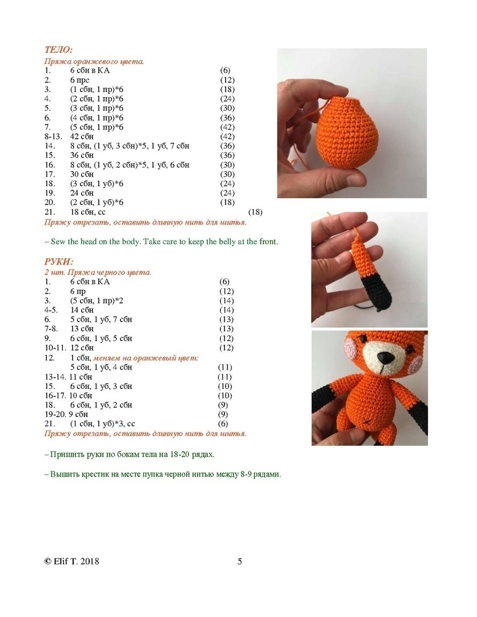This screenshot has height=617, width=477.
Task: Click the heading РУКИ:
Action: pyautogui.click(x=59, y=262)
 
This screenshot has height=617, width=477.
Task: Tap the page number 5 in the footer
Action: pyautogui.click(x=240, y=561)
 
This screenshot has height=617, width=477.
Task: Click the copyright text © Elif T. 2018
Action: pyautogui.click(x=72, y=561)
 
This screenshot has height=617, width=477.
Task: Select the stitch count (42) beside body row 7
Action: pyautogui.click(x=227, y=127)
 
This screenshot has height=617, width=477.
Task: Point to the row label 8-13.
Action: pyautogui.click(x=53, y=137)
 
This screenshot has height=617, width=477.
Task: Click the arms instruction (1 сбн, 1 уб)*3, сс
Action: pyautogui.click(x=103, y=424)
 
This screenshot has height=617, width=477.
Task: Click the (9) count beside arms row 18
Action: pyautogui.click(x=224, y=405)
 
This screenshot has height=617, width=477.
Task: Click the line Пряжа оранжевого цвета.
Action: pyautogui.click(x=94, y=61)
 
